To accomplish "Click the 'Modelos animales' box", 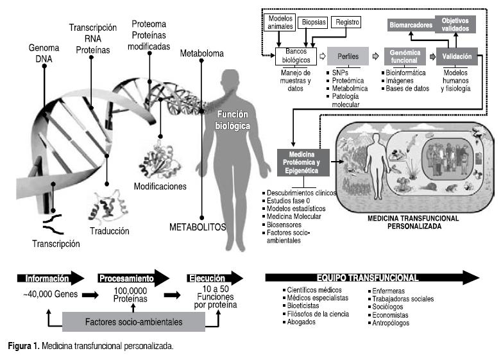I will point(280,22).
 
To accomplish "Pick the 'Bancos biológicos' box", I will point(295,56).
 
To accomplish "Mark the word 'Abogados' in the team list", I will point(301,323).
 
